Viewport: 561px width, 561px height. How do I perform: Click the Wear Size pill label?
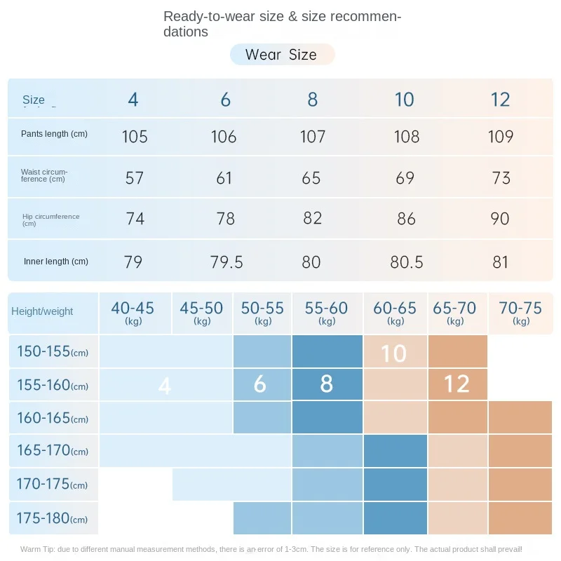281,55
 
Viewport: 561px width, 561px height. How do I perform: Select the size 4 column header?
133,100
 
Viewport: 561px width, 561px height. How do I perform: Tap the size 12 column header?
500,100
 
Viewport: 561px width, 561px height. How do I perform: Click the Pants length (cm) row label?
54,134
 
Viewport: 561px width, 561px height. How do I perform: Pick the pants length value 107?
313,136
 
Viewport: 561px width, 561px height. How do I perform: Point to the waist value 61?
224,178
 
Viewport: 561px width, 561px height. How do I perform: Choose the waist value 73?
501,178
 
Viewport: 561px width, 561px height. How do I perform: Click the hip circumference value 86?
406,219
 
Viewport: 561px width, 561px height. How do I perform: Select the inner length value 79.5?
227,262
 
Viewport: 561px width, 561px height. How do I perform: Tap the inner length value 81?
500,262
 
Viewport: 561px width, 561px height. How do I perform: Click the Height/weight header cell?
42,311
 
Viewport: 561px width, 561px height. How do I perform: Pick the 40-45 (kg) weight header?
133,312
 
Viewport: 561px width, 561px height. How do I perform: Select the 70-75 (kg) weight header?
520,312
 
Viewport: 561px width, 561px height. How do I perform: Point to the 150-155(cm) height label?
53,351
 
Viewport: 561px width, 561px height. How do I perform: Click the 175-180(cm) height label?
53,519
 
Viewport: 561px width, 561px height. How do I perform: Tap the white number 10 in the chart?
393,353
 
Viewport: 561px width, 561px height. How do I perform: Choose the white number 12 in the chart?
457,384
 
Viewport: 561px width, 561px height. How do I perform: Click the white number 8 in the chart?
326,384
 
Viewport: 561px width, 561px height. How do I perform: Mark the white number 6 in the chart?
260,384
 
